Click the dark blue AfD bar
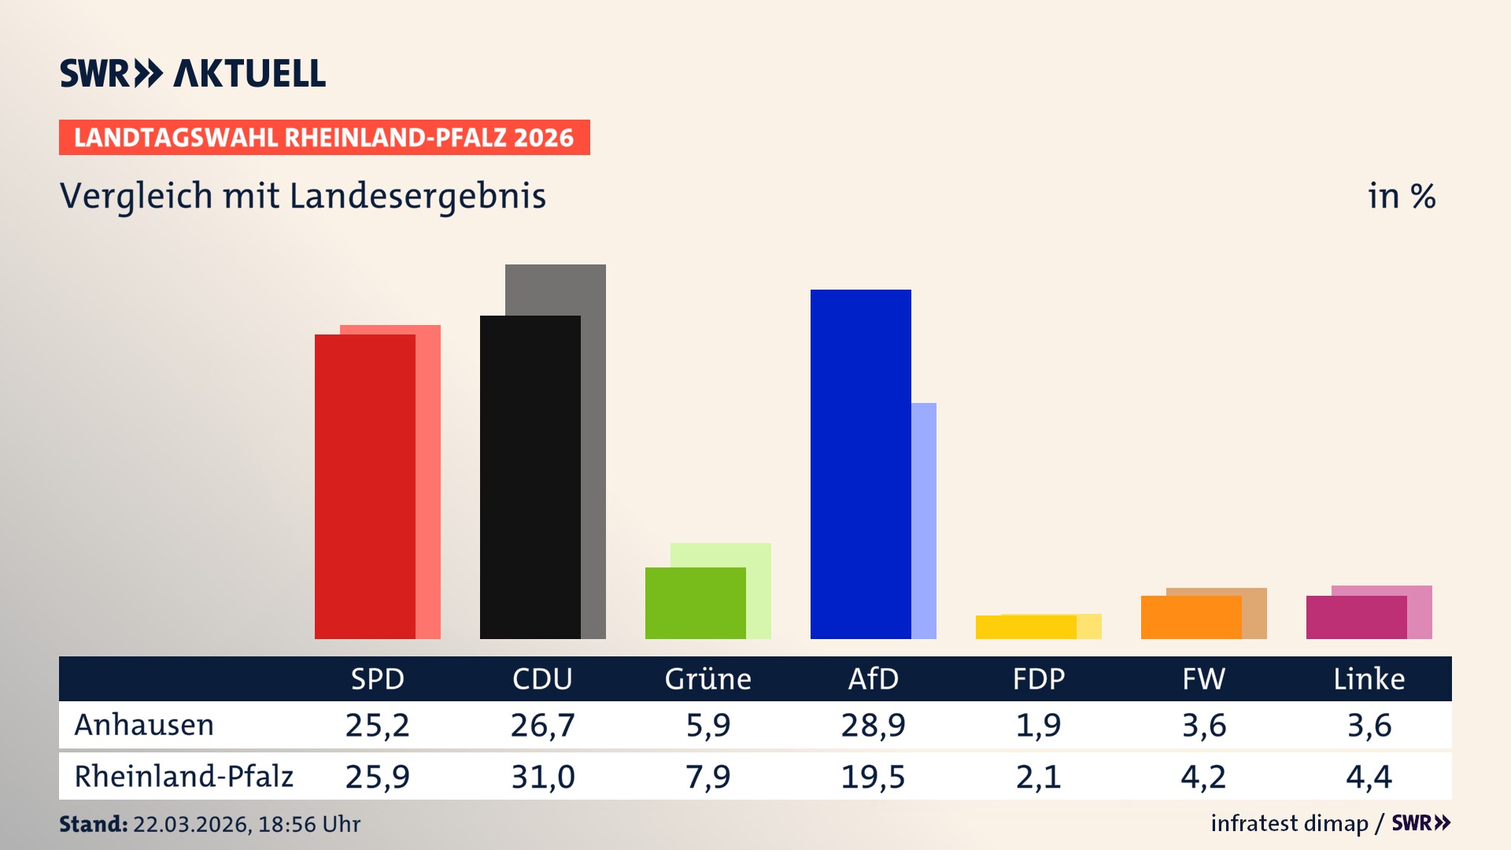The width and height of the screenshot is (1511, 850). pos(860,464)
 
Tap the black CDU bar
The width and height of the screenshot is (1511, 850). pos(530,477)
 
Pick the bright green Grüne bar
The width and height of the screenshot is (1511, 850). pos(695,603)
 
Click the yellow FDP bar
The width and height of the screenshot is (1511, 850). pos(1025,627)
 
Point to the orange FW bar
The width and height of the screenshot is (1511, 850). pos(1191,618)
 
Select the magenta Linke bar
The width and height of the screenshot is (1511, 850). pos(1356,618)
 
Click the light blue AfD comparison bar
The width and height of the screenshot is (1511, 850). pos(924,519)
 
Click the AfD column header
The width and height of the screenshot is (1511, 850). pos(873,678)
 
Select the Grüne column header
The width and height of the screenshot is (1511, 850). pos(707,678)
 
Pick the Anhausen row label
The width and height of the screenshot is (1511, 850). pos(144,725)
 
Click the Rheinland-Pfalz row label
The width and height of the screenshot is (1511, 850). pos(183,776)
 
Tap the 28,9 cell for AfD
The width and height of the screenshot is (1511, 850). pos(873,725)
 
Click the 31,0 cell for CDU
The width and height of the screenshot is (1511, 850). pos(542,777)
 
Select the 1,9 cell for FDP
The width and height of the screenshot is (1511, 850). pos(1038,725)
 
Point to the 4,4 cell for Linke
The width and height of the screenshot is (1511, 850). pos(1369,777)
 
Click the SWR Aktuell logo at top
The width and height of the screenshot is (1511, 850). pos(193,73)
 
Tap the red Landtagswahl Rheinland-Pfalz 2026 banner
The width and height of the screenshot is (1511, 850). pos(324,138)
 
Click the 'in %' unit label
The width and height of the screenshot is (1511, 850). pos(1401,196)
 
